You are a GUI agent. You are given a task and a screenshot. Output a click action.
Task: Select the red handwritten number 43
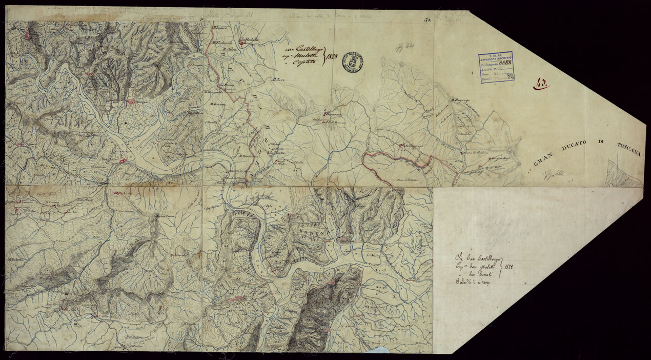(x=541, y=85)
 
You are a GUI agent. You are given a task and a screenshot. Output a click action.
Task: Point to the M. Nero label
(x=278, y=79)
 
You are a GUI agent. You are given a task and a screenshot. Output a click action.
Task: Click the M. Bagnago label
(x=460, y=99)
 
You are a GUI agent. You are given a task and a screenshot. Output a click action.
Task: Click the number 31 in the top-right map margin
(x=426, y=21)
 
